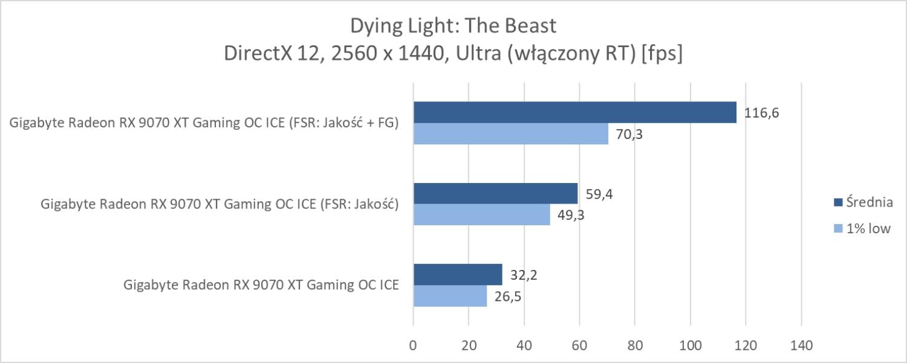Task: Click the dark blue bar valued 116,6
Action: pos(574,112)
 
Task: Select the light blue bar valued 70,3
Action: pos(511,133)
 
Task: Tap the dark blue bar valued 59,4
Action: pos(495,193)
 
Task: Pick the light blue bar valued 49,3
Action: pos(481,214)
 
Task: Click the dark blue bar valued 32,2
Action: pos(458,274)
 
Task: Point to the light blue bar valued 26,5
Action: pos(450,295)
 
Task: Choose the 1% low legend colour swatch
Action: pos(837,228)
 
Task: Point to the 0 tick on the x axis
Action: pos(413,345)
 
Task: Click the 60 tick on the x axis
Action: pos(579,345)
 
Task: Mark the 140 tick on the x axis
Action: pos(801,345)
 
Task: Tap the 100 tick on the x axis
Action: pos(690,345)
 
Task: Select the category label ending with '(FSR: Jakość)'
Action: pos(219,204)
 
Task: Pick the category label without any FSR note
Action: pos(261,285)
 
